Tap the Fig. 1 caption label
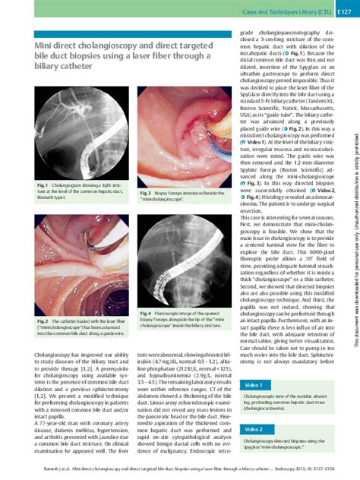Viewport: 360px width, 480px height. coord(42,185)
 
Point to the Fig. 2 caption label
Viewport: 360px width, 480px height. coord(42,321)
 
